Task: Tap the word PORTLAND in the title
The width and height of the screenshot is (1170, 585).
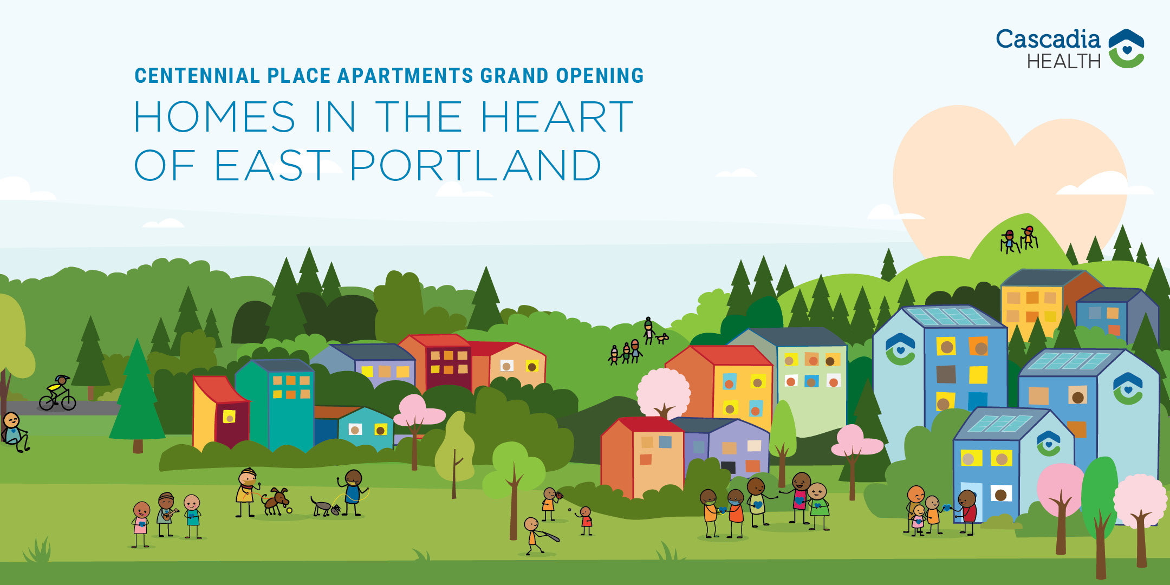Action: pyautogui.click(x=476, y=165)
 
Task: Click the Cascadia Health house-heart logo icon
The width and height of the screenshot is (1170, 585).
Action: pyautogui.click(x=1126, y=49)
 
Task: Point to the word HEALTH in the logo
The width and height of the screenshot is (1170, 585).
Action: pyautogui.click(x=1064, y=62)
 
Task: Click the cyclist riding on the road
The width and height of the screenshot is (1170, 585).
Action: pyautogui.click(x=57, y=393)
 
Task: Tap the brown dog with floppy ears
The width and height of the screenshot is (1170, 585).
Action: pyautogui.click(x=277, y=501)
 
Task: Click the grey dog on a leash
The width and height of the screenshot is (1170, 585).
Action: pyautogui.click(x=325, y=507)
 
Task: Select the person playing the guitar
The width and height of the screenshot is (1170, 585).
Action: pyautogui.click(x=167, y=514)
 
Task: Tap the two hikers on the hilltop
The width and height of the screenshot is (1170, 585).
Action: pyautogui.click(x=1019, y=239)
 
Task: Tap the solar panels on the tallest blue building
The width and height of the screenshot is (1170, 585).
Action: pyautogui.click(x=948, y=316)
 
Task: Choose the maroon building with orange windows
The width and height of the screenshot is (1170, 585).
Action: pyautogui.click(x=447, y=366)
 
